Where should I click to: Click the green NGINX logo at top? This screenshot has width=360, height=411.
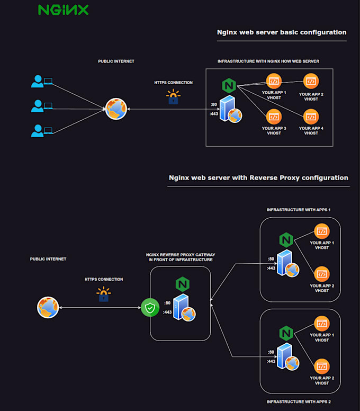64,10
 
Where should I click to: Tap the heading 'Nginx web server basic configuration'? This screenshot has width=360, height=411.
282,32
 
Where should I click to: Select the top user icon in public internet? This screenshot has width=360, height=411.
37,81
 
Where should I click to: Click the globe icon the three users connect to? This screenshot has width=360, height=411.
115,109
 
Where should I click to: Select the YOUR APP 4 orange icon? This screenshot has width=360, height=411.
311,115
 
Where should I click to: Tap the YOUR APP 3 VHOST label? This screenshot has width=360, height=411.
274,130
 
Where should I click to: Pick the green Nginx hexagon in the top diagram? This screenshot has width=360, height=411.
229,85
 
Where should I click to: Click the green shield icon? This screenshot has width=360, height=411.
150,308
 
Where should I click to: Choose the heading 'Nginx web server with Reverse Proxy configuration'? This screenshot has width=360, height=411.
258,178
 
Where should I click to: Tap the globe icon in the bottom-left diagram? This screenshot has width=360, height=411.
48,308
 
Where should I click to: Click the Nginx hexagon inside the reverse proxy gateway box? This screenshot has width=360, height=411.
183,284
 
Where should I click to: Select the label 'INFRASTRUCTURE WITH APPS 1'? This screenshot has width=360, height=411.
299,210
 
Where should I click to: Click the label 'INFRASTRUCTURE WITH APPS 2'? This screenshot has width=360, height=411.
299,402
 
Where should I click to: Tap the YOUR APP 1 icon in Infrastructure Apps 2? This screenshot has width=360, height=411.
321,323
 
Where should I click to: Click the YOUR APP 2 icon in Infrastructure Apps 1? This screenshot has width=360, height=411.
321,274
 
